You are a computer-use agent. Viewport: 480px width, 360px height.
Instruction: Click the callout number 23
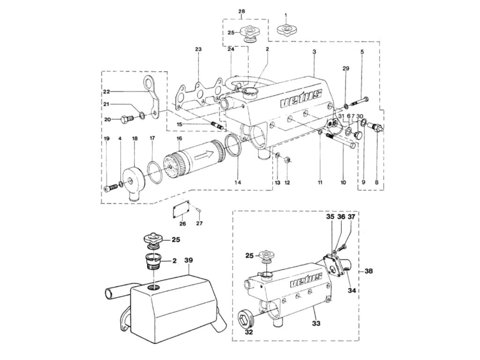pos(198,49)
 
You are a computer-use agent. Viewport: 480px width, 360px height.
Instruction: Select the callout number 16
pos(179,139)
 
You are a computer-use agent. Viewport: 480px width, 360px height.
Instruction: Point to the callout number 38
pos(369,271)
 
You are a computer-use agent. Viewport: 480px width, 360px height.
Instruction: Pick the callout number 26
pos(183,224)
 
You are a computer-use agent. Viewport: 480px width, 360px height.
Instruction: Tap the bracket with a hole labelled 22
pos(151,97)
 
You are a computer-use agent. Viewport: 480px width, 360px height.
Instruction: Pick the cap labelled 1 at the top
pos(286,30)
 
